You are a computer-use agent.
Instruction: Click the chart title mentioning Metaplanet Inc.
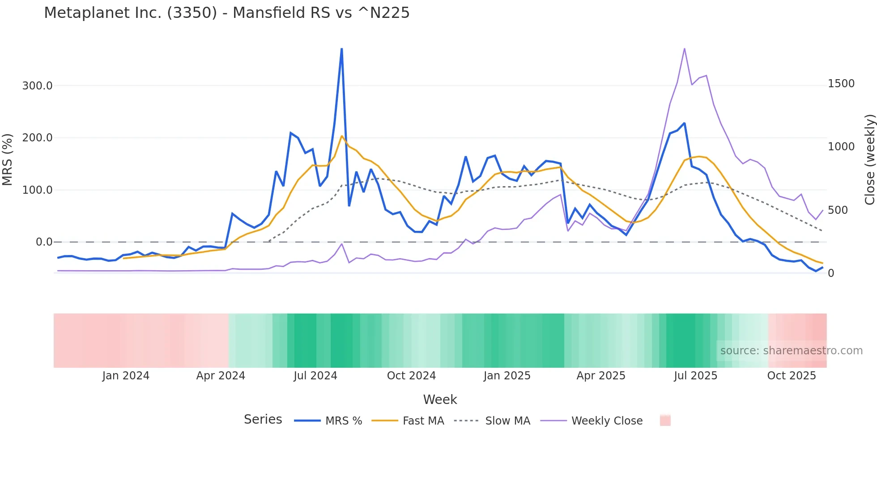coord(226,13)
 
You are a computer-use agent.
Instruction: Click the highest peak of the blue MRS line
coord(342,49)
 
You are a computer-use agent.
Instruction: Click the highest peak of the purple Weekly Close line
coord(685,49)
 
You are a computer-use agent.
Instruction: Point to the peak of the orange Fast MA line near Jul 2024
coord(342,136)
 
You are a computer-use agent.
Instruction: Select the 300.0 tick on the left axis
coord(37,85)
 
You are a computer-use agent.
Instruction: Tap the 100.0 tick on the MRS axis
coord(37,190)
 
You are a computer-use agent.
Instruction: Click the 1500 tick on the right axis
coord(841,84)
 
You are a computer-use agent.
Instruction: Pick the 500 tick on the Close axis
coord(838,210)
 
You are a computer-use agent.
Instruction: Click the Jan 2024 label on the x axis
coord(126,376)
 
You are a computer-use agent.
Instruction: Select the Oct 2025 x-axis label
coord(792,376)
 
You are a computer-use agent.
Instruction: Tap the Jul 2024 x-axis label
coord(315,376)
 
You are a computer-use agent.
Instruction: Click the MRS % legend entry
coord(343,421)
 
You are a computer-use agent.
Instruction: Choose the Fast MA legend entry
coord(423,421)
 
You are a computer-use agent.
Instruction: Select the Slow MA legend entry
coord(507,421)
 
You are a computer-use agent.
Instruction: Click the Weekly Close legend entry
coord(607,421)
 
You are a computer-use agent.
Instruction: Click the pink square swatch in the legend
coord(665,421)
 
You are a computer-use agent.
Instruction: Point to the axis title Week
coord(440,399)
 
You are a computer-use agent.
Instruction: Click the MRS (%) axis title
coord(7,160)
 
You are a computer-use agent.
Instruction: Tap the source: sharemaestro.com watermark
coord(791,351)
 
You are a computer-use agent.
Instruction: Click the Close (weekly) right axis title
coord(869,160)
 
